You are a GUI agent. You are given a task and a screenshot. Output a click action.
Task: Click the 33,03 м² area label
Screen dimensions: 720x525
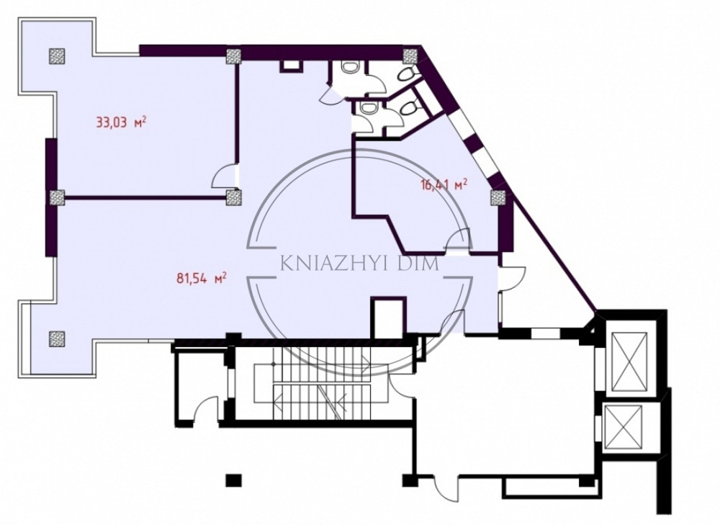[121, 122]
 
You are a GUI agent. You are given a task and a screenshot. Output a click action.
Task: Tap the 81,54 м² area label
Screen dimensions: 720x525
[202, 278]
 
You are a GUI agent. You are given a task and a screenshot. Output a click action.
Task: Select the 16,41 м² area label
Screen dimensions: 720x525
[444, 184]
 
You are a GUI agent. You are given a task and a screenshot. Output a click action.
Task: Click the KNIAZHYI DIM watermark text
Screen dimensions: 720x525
[359, 265]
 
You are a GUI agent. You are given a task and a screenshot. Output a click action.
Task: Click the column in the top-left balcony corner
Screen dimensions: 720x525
[56, 55]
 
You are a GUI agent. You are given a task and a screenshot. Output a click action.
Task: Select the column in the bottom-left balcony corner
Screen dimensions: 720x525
[56, 338]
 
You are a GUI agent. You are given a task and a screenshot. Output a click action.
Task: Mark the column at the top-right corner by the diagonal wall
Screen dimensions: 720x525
[410, 56]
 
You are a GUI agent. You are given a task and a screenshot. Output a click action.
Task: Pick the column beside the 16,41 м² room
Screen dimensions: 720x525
[498, 197]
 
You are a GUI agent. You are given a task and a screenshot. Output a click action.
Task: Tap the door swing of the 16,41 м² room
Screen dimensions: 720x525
[459, 241]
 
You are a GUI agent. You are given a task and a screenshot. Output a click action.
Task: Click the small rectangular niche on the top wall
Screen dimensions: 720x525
[291, 66]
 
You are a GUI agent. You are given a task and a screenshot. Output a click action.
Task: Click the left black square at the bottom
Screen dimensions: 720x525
[233, 480]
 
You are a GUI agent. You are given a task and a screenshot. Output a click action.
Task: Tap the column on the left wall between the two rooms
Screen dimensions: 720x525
[56, 197]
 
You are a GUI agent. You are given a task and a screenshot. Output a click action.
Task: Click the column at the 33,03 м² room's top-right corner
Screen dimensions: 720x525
[233, 56]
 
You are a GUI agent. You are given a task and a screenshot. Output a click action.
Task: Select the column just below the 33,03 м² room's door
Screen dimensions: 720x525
[233, 197]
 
